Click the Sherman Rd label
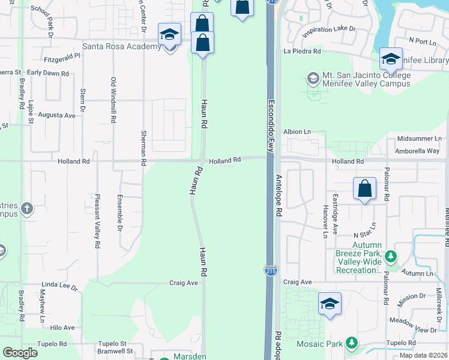point(143,148)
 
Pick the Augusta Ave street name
point(56,115)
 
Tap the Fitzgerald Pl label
point(62,59)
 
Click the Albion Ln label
point(298,131)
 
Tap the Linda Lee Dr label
point(59,287)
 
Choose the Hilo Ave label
point(62,328)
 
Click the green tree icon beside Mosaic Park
point(352,344)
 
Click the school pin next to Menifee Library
point(391,59)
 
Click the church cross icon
point(26,209)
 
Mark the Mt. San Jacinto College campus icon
point(313,79)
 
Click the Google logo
point(20,353)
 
